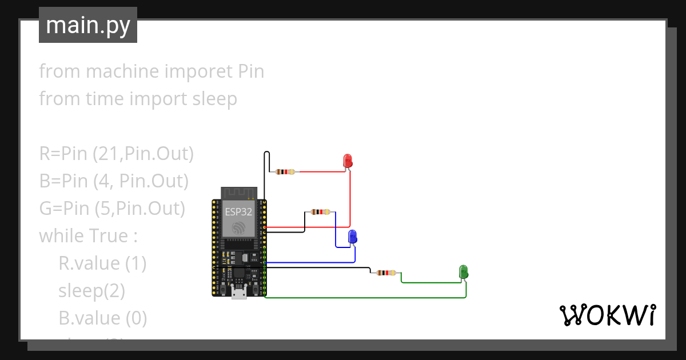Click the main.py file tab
pyautogui.click(x=88, y=25)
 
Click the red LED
pyautogui.click(x=347, y=161)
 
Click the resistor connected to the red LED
pyautogui.click(x=285, y=171)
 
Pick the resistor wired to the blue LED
pyautogui.click(x=320, y=212)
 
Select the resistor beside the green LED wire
pyautogui.click(x=385, y=273)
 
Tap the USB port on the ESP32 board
pyautogui.click(x=239, y=294)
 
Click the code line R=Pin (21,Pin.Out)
pyautogui.click(x=117, y=154)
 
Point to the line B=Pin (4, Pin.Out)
pyautogui.click(x=114, y=181)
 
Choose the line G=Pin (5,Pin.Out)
pyautogui.click(x=112, y=209)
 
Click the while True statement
pyautogui.click(x=89, y=235)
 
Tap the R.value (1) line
pyautogui.click(x=102, y=263)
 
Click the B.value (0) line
pyautogui.click(x=102, y=318)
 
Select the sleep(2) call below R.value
pyautogui.click(x=91, y=290)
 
